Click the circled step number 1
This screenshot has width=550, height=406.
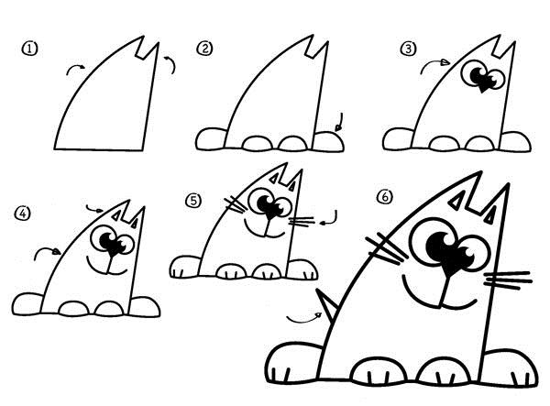tap(30, 49)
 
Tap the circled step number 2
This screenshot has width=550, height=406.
tap(204, 49)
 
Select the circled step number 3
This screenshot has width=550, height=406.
tap(408, 49)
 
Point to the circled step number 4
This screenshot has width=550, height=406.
tap(23, 214)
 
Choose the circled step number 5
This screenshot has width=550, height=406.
tap(193, 201)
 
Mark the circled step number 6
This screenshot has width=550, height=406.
tap(385, 197)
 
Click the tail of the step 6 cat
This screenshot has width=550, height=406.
tap(324, 302)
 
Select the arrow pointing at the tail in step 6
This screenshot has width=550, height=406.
tap(304, 320)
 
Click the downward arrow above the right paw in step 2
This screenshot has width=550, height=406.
tap(339, 123)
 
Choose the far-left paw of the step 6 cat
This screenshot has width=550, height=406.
tap(295, 363)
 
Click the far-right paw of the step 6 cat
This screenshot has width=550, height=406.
tap(510, 368)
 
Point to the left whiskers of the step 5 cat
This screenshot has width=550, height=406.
tap(236, 204)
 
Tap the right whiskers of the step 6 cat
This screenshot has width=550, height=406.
tap(508, 280)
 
